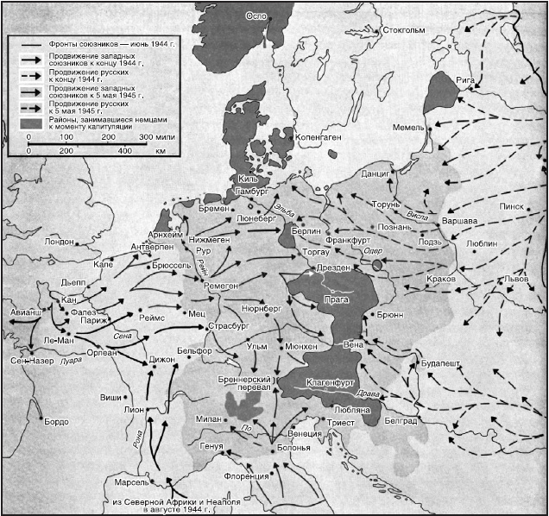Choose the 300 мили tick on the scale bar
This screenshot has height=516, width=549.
click(157, 137)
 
